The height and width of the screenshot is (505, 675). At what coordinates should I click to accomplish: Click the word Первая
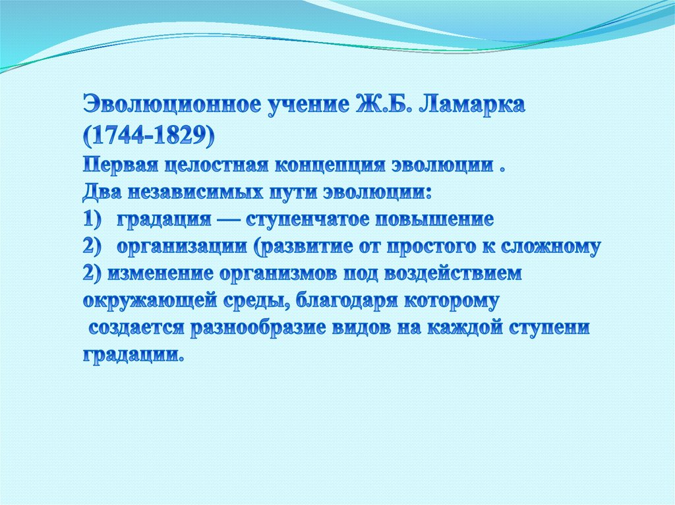(121, 165)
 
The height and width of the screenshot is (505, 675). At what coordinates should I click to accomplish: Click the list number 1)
(94, 220)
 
